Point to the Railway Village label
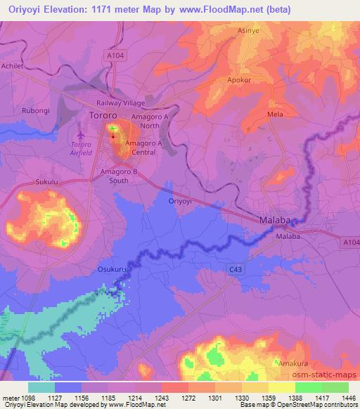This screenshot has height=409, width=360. (x=120, y=102)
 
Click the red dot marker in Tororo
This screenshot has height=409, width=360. (x=112, y=137)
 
